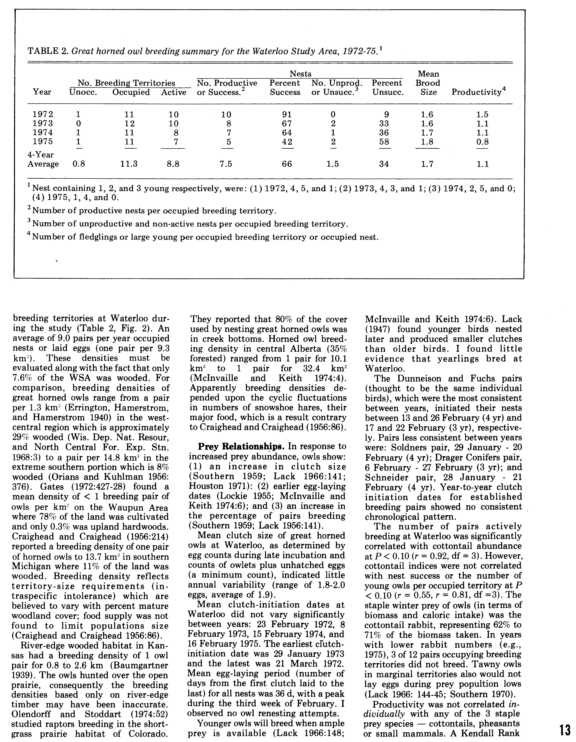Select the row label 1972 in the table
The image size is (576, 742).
pyautogui.click(x=42, y=114)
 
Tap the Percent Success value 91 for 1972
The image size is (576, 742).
pyautogui.click(x=287, y=114)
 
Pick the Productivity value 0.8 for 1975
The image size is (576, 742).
pyautogui.click(x=482, y=142)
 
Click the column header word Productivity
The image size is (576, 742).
pyautogui.click(x=476, y=92)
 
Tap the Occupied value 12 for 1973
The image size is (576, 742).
pyautogui.click(x=130, y=124)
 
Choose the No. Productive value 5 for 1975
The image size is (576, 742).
pyautogui.click(x=229, y=142)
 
